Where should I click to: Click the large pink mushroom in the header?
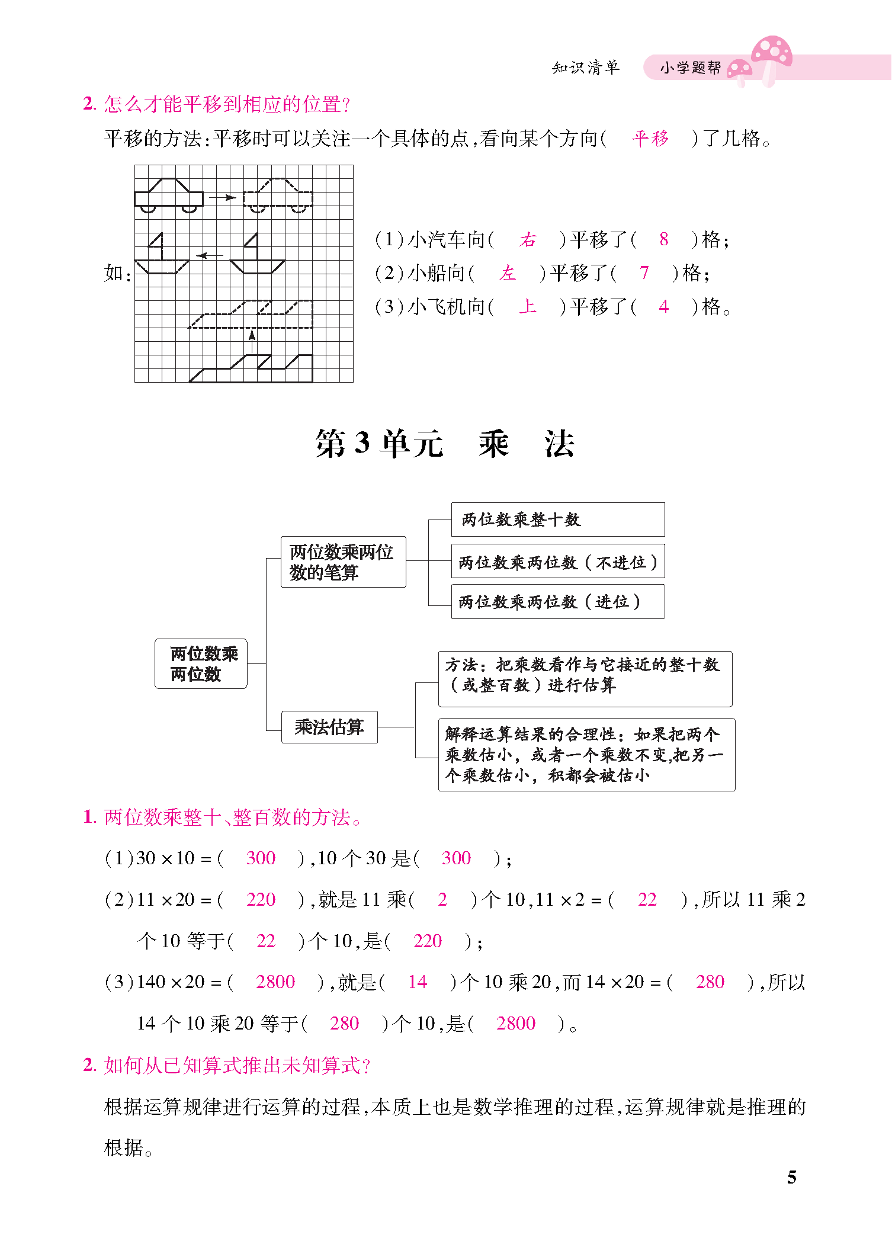772,56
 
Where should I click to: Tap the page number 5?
792,1177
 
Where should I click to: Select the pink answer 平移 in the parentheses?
650,139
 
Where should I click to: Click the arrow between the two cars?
223,197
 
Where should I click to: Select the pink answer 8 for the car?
663,239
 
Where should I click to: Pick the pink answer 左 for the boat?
508,273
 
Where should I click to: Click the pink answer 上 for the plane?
527,307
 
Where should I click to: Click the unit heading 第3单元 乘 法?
445,444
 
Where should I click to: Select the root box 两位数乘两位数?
201,663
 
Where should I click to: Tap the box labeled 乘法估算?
329,727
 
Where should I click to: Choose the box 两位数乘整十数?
557,520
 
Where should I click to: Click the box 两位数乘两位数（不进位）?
557,562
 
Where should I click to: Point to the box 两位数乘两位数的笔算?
343,562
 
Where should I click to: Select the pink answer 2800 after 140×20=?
275,982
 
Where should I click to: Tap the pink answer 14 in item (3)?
417,982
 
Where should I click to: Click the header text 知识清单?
585,68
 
